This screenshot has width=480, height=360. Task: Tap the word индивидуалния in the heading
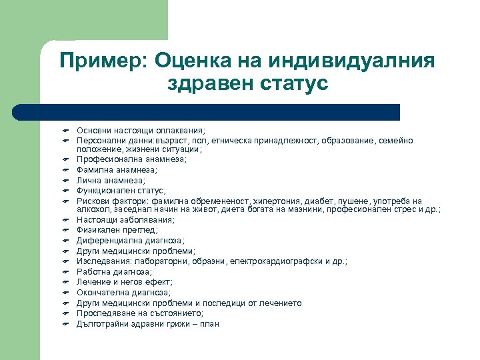point(352,61)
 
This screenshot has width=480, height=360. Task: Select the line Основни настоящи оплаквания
point(131,131)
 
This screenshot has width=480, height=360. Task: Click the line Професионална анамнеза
point(131,159)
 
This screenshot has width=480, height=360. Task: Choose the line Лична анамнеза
point(111,180)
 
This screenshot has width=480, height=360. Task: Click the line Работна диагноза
point(114,272)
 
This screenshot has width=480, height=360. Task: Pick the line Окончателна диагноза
point(123,293)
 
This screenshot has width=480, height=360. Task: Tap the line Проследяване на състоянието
point(140,313)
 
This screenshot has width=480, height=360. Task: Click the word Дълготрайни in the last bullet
point(102,324)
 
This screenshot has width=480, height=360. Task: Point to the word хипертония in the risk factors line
point(267,201)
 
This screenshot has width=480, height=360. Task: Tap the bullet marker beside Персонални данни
point(58,141)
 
